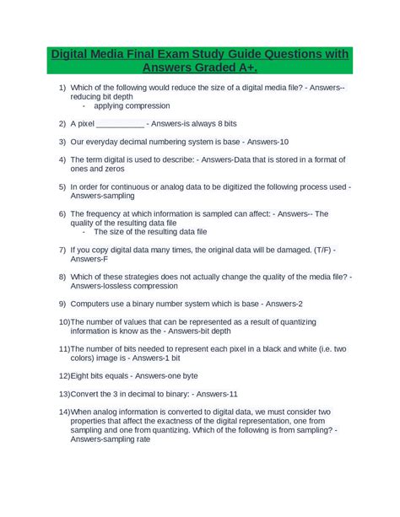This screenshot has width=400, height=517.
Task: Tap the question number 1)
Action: point(62,89)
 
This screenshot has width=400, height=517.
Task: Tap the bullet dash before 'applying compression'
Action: point(84,106)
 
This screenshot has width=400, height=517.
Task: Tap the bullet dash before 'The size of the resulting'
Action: point(84,231)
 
